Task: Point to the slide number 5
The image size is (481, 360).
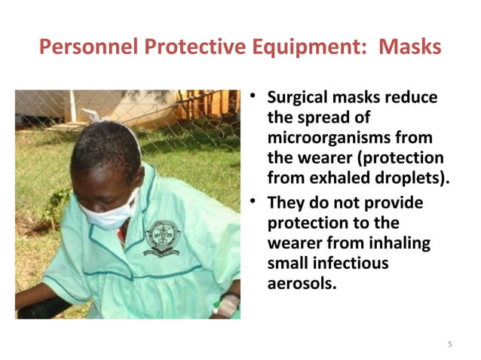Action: pyautogui.click(x=450, y=344)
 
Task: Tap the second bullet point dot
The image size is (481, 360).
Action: pyautogui.click(x=256, y=203)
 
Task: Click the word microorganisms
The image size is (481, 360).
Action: pyautogui.click(x=328, y=139)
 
